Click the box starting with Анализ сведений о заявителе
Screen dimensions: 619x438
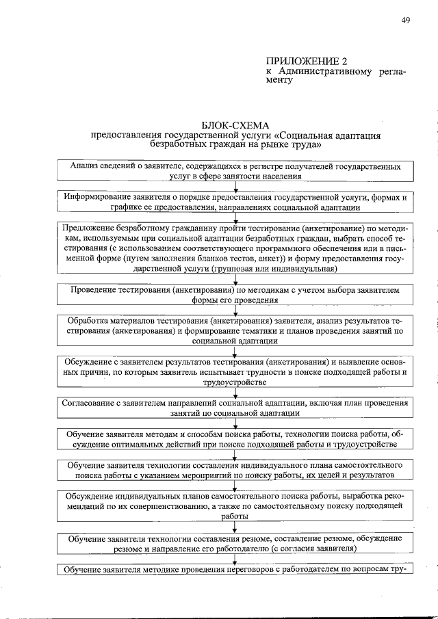pyautogui.click(x=235, y=171)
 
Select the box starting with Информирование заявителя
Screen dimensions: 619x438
pyautogui.click(x=235, y=202)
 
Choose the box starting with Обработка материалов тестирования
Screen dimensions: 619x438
pyautogui.click(x=235, y=330)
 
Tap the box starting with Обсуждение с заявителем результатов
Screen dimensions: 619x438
pyautogui.click(x=235, y=371)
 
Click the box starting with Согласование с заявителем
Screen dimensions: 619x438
pyautogui.click(x=235, y=408)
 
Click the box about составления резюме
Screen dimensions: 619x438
pyautogui.click(x=235, y=544)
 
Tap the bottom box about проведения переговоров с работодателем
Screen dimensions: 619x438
pyautogui.click(x=235, y=570)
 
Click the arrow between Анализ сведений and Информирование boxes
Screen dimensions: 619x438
pyautogui.click(x=235, y=186)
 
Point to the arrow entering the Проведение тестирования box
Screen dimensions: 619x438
pyautogui.click(x=235, y=279)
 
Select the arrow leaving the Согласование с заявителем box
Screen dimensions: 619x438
pyautogui.click(x=235, y=423)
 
